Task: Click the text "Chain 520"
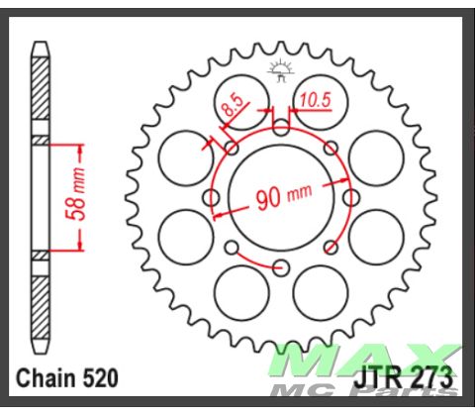click(67, 377)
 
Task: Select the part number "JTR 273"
click(403, 377)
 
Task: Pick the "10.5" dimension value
click(316, 99)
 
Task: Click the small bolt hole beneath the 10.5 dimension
click(281, 128)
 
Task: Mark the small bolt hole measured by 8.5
click(231, 148)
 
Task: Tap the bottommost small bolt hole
click(281, 266)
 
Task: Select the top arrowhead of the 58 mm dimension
click(76, 147)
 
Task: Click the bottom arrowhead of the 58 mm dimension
click(76, 250)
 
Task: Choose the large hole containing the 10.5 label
click(319, 97)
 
